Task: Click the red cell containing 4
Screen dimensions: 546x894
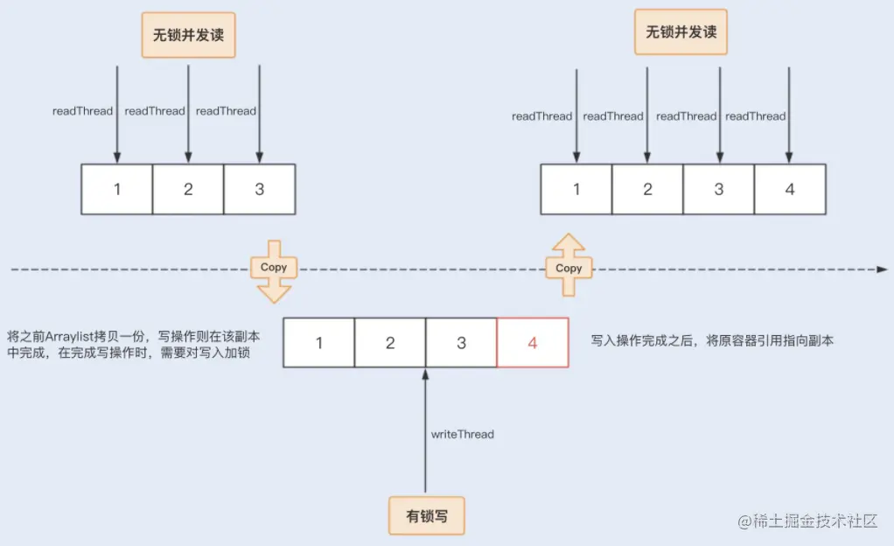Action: click(533, 342)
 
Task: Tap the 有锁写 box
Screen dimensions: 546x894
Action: click(427, 516)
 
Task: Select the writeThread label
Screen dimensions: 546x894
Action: click(462, 434)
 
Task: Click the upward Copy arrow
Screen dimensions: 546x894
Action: click(569, 267)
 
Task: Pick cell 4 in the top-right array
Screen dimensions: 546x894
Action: click(790, 189)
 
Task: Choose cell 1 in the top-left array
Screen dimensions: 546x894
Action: click(117, 189)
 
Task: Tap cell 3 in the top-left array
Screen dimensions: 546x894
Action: click(260, 189)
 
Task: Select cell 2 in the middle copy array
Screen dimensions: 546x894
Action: click(390, 342)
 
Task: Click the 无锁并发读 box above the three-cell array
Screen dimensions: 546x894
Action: click(189, 36)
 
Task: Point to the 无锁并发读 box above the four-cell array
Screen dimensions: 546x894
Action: click(681, 32)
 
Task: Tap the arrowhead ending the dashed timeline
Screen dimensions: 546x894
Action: click(882, 269)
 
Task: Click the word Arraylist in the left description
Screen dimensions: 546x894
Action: click(84, 335)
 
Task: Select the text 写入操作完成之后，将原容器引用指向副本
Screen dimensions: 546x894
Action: click(712, 341)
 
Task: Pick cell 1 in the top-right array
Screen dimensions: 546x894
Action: click(576, 189)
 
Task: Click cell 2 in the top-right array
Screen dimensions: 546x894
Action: click(647, 189)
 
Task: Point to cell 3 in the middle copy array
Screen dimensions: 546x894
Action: click(462, 342)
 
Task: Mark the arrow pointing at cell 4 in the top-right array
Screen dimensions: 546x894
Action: click(790, 114)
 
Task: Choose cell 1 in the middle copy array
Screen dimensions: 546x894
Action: click(319, 342)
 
